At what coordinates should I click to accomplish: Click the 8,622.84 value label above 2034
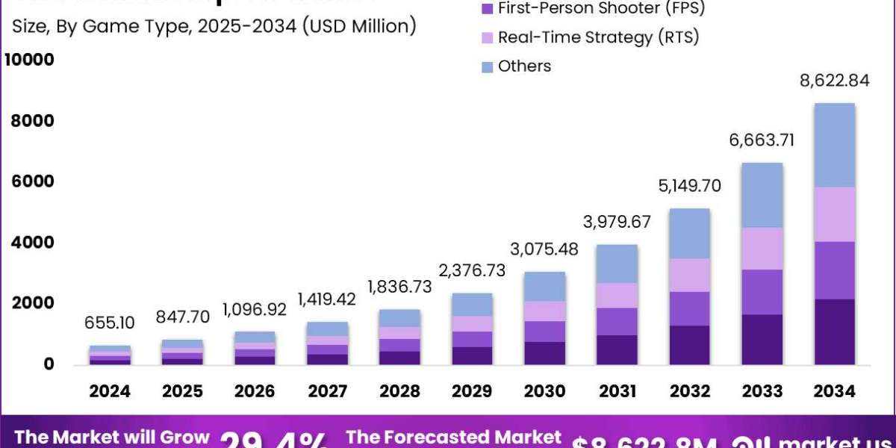[x=834, y=81]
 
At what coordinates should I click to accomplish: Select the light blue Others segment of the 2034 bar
[x=834, y=145]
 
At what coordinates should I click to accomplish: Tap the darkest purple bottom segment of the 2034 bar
[x=834, y=332]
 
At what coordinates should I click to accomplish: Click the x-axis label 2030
[x=544, y=391]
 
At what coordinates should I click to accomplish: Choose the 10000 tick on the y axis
[x=29, y=60]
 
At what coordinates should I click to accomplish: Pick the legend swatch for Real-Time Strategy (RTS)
[x=488, y=37]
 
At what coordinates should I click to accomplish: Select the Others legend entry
[x=524, y=66]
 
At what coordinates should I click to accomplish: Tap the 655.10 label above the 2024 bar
[x=111, y=323]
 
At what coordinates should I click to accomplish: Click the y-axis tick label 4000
[x=34, y=243]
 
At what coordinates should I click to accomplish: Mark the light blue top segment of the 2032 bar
[x=689, y=234]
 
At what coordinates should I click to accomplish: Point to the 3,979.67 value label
[x=617, y=222]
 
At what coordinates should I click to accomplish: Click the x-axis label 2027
[x=327, y=391]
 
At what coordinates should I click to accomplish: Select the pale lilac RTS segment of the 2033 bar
[x=762, y=249]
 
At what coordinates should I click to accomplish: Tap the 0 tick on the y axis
[x=49, y=364]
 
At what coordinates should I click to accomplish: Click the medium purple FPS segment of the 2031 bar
[x=617, y=322]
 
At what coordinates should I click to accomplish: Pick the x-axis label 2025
[x=182, y=391]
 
